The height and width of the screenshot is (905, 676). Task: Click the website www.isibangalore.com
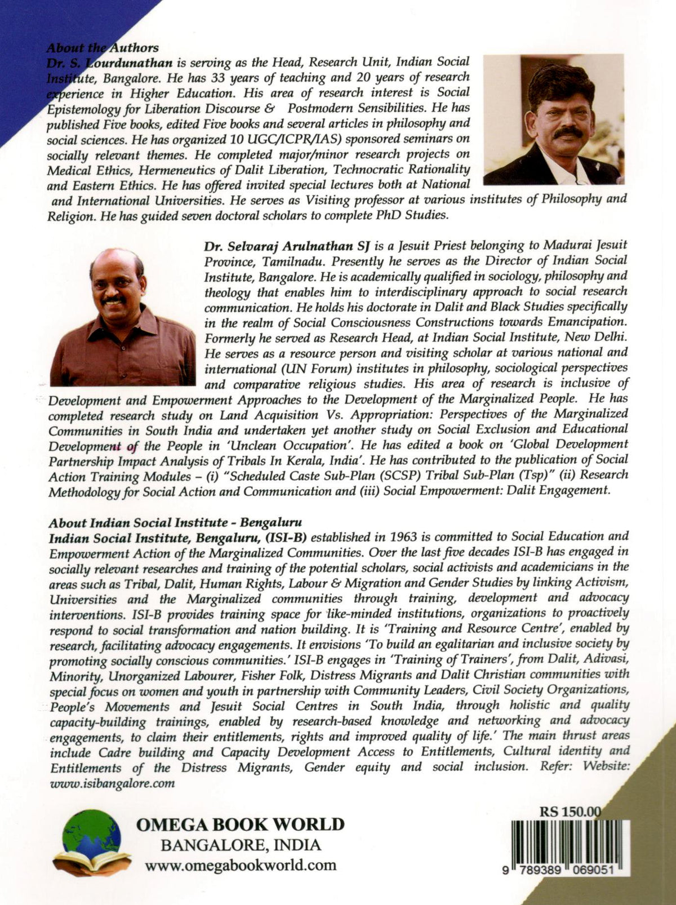click(x=112, y=782)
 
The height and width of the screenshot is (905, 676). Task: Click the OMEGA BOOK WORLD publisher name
click(x=240, y=824)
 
